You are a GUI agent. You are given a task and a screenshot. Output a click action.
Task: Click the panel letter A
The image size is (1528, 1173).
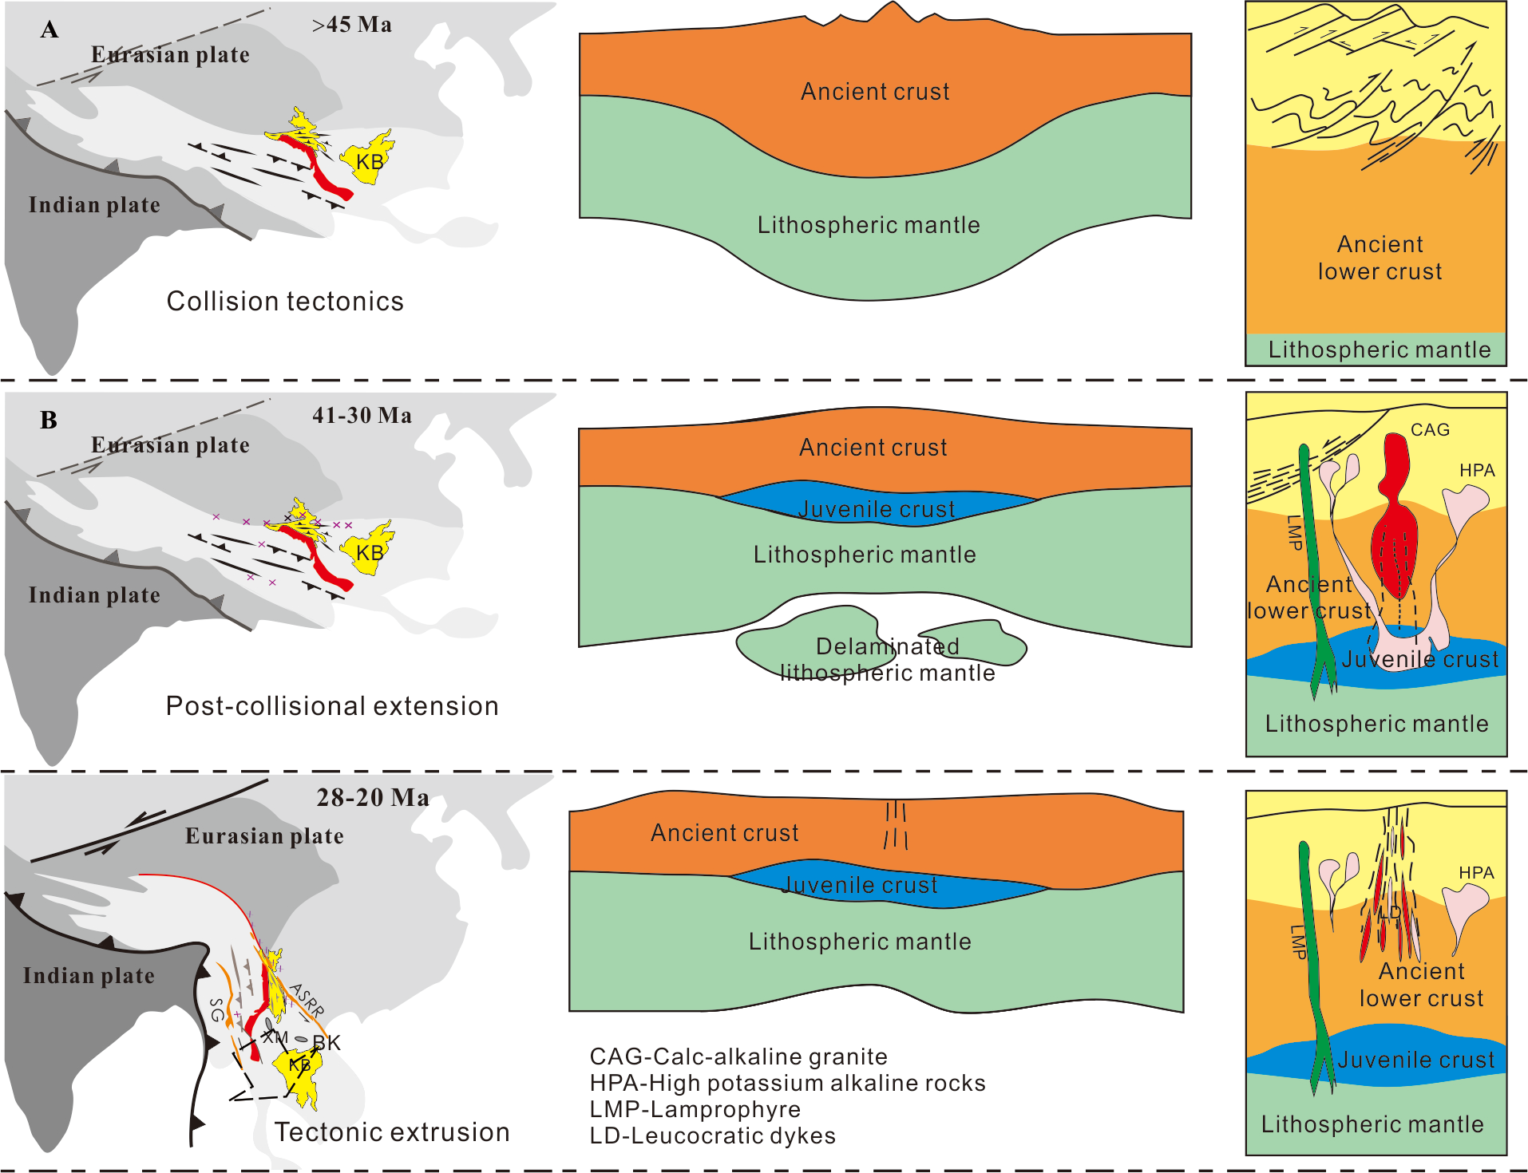tap(49, 30)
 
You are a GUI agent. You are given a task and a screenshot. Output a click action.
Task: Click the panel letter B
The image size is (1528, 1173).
tap(49, 421)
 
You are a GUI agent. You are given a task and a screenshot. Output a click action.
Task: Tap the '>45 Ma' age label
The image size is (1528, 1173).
tap(352, 25)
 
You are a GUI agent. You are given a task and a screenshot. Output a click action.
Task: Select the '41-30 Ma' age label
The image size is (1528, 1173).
tap(362, 416)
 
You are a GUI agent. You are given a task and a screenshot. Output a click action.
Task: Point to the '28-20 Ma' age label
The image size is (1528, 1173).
tap(373, 798)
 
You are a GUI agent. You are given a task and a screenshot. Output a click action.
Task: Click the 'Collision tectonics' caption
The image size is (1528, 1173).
tap(285, 302)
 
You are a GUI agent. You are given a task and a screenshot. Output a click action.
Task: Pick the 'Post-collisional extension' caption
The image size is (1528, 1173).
tap(332, 706)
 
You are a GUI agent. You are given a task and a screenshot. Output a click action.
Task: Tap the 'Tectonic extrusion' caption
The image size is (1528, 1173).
tap(392, 1132)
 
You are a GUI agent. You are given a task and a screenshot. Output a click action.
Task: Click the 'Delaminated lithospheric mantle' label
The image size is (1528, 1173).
tap(888, 660)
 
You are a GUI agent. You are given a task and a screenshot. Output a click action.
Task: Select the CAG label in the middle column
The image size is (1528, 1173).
tap(1430, 430)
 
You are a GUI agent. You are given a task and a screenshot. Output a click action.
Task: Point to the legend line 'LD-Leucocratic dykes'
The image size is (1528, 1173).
tap(712, 1135)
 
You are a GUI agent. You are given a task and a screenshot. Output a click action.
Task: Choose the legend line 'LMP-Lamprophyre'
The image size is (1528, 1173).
tap(695, 1109)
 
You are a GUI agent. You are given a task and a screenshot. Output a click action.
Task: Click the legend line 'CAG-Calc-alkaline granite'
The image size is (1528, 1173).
tap(738, 1056)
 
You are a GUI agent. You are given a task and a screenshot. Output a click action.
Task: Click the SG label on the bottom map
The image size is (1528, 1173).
tap(216, 1010)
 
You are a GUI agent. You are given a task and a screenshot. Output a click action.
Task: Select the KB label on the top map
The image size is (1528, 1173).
tap(370, 162)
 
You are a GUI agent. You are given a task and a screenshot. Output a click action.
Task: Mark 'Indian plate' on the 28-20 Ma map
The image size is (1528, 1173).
tap(89, 976)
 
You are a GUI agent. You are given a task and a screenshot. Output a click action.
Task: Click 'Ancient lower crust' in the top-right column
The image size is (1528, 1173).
tap(1380, 258)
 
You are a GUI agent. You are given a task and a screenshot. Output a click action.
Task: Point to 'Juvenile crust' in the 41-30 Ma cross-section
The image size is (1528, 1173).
tap(877, 509)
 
